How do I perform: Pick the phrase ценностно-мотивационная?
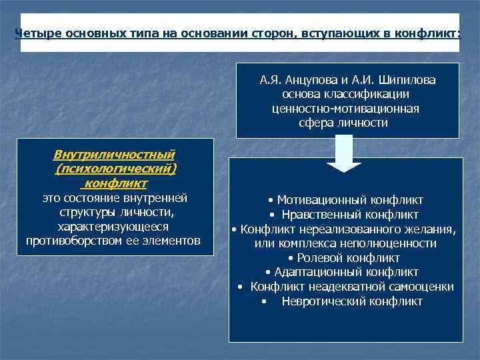pos(346,109)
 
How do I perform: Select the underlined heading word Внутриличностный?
pos(114,155)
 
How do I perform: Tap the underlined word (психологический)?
pos(117,169)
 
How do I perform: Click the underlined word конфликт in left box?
pos(117,183)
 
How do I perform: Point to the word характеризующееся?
pos(113,226)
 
